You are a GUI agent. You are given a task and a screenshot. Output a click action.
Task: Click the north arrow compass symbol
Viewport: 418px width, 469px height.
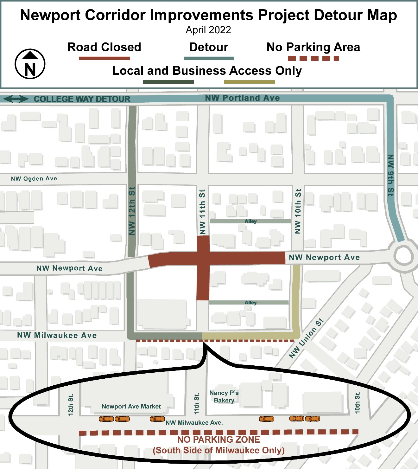click(x=30, y=64)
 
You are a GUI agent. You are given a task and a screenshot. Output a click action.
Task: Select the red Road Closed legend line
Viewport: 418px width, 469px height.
click(x=104, y=58)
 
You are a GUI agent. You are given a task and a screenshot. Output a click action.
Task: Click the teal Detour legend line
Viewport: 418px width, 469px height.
click(x=209, y=58)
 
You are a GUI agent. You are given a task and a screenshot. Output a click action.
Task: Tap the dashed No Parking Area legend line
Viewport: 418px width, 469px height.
click(x=313, y=58)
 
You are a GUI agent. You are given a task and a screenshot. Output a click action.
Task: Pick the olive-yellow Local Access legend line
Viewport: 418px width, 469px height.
click(x=249, y=82)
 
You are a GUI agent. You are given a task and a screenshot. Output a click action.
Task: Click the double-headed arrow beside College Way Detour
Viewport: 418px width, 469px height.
click(x=16, y=99)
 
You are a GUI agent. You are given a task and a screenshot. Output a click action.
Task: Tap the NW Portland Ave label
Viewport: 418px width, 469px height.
click(x=242, y=98)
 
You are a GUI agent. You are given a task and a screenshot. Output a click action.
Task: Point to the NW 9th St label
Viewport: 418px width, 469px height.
click(x=391, y=175)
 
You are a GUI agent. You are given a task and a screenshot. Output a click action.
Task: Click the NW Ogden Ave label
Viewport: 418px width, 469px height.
click(x=34, y=179)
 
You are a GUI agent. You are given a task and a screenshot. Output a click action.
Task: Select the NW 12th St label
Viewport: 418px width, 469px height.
click(x=132, y=211)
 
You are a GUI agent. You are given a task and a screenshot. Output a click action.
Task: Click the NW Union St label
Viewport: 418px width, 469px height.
click(x=306, y=338)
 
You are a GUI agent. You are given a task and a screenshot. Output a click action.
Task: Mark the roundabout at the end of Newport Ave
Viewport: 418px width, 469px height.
click(x=403, y=255)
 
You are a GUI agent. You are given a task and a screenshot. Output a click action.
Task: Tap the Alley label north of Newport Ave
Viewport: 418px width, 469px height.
click(x=250, y=221)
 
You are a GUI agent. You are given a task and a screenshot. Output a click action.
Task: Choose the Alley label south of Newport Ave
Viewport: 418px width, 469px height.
click(x=250, y=303)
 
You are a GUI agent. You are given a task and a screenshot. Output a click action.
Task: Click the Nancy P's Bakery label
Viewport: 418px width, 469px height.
click(x=224, y=396)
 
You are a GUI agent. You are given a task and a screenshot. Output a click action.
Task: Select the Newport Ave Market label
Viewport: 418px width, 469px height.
click(x=131, y=407)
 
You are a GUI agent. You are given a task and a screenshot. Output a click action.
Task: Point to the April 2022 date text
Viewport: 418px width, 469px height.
click(x=208, y=30)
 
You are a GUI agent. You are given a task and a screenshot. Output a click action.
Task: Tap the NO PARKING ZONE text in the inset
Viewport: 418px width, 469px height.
click(x=218, y=440)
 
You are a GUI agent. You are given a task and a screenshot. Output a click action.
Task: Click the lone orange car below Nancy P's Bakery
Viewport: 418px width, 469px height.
click(x=267, y=419)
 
